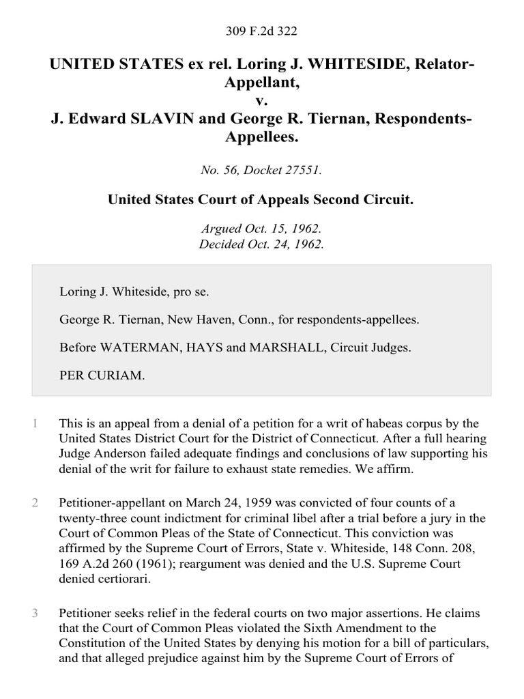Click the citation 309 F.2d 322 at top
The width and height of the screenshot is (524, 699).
click(262, 31)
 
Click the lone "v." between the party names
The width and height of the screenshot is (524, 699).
click(262, 101)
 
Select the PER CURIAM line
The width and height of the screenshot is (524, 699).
click(102, 375)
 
